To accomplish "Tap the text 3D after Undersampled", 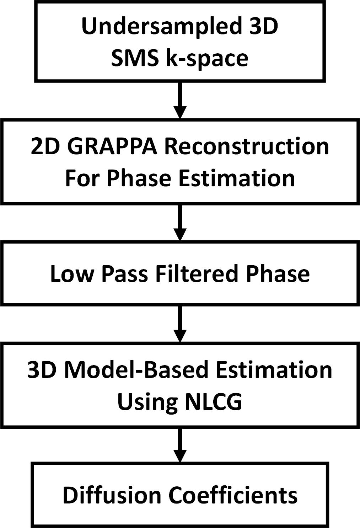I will tap(263, 26).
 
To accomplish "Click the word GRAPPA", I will tap(112, 146).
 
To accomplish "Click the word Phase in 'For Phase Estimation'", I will tap(139, 178).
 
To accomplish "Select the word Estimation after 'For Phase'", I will tap(236, 178).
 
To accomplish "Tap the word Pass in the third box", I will tap(124, 274).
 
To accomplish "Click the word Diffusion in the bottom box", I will tap(111, 495).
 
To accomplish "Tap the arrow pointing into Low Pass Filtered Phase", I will tap(180, 222).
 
